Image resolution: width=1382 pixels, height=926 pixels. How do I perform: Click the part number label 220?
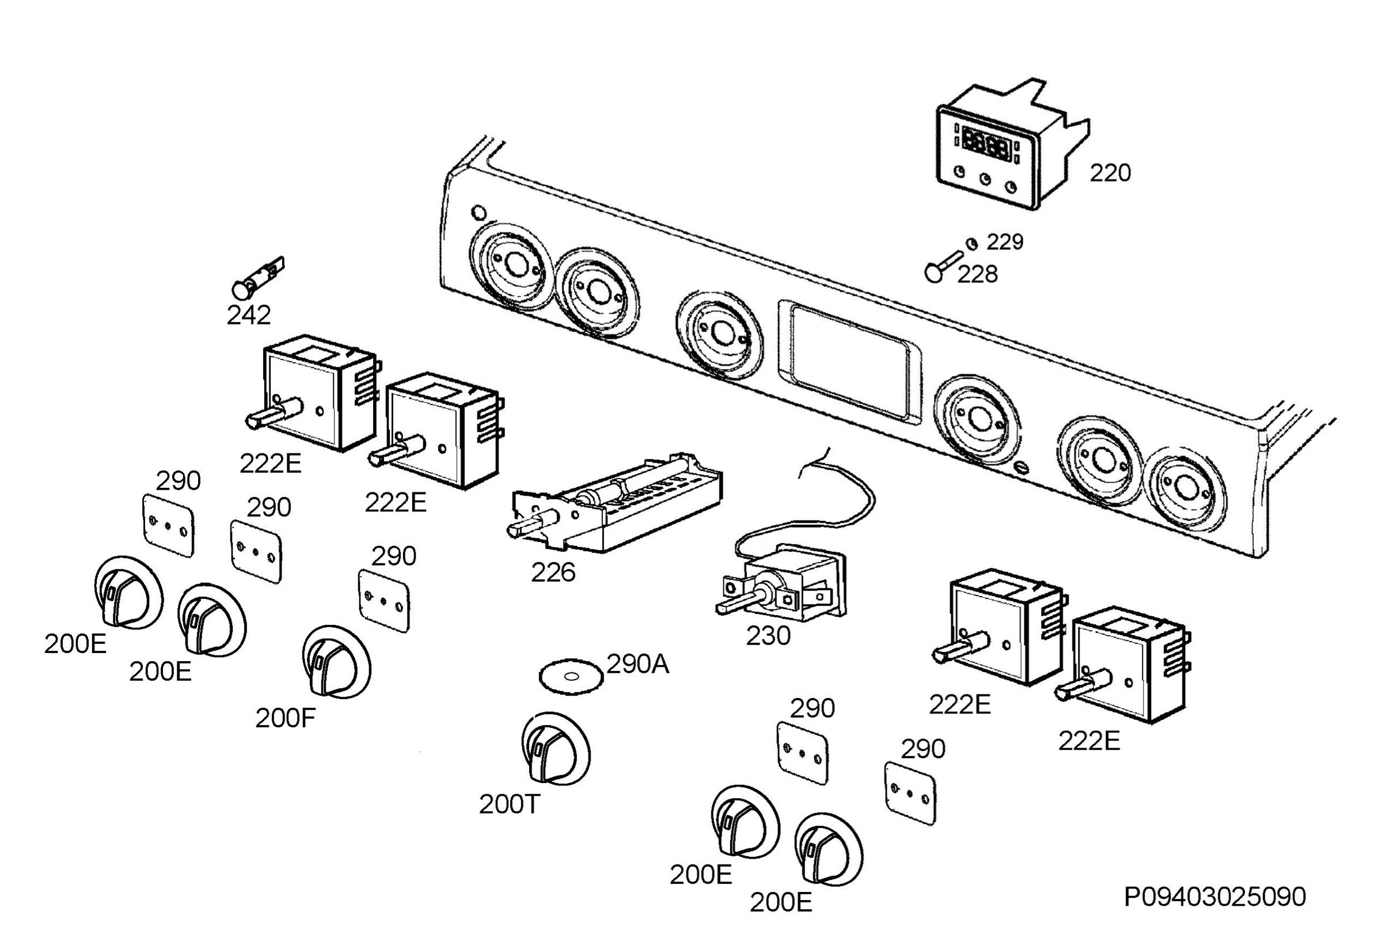1110,173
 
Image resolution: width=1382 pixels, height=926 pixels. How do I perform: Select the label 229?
1005,241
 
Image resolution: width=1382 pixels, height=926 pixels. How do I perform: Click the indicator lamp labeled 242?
257,279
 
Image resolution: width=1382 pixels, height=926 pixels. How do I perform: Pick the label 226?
553,572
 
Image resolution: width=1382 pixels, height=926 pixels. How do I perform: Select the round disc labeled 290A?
571,677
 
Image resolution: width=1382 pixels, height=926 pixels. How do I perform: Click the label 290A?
637,665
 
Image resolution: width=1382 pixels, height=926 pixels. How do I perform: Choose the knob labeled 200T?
556,749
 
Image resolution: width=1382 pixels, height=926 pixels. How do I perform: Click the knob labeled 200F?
336,662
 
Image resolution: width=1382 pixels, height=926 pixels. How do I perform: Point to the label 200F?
286,718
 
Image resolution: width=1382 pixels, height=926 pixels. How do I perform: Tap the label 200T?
510,804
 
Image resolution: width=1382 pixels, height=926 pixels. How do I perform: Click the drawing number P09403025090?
1215,897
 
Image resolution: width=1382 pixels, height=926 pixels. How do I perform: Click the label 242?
249,316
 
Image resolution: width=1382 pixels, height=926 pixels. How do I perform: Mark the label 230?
768,636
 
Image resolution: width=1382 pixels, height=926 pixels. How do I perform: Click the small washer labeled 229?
971,244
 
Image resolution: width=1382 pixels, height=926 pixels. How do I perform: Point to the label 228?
977,274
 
